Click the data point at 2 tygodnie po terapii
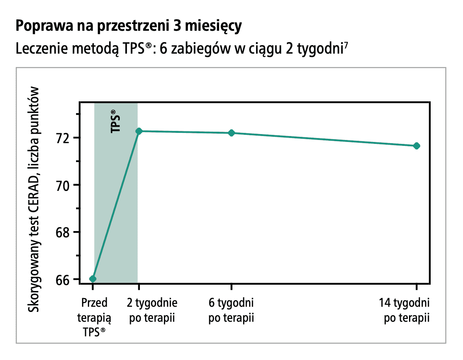pos(138,131)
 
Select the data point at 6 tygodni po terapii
pos(231,133)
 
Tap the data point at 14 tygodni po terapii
pos(417,146)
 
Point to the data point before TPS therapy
pos(93,279)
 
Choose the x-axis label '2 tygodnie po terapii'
pos(152,310)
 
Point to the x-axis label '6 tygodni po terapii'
pos(231,310)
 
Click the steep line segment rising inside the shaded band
pos(116,205)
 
